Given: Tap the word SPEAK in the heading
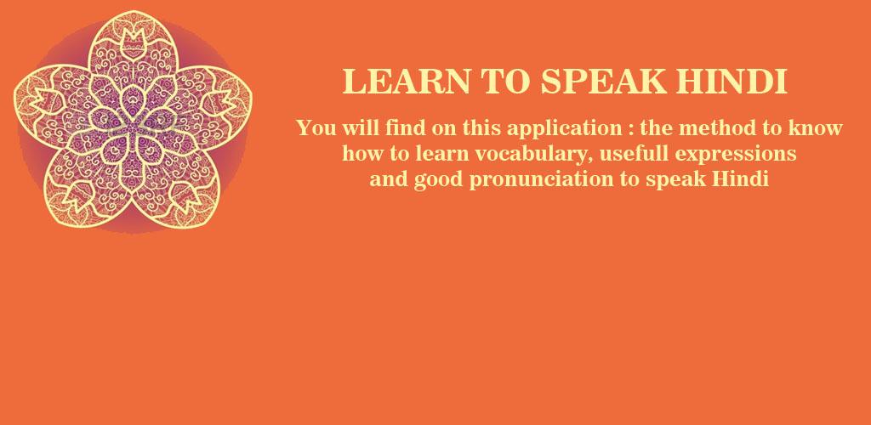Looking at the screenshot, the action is click(x=604, y=82).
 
